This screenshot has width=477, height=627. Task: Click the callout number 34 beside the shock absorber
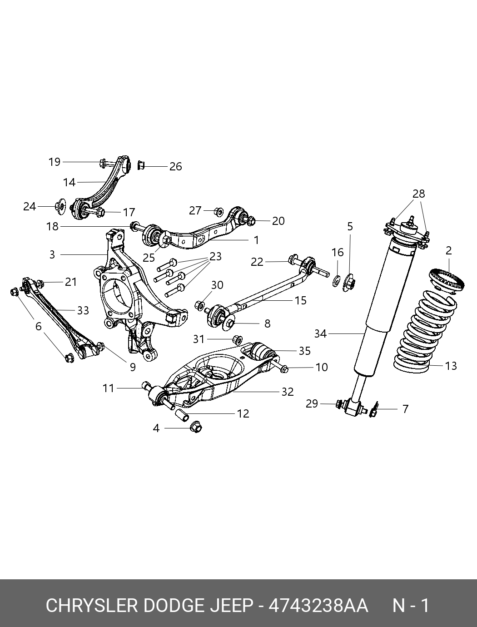[320, 334]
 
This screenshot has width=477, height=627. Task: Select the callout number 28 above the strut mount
[418, 194]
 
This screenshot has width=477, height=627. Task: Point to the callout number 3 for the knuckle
[52, 255]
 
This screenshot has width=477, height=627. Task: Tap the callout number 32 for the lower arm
[288, 392]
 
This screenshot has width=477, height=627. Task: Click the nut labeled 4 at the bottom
[195, 427]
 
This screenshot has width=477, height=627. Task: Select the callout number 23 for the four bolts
[215, 257]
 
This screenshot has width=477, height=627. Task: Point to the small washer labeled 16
[337, 281]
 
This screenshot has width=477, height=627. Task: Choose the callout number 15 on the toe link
[301, 300]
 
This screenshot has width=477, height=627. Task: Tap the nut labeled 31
[237, 339]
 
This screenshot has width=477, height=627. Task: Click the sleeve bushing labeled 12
[182, 414]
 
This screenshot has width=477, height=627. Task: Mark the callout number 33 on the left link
[83, 311]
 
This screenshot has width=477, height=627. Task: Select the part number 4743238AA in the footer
[318, 606]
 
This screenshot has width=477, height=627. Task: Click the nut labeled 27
[219, 211]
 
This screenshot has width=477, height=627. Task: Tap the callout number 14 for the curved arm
[69, 183]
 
